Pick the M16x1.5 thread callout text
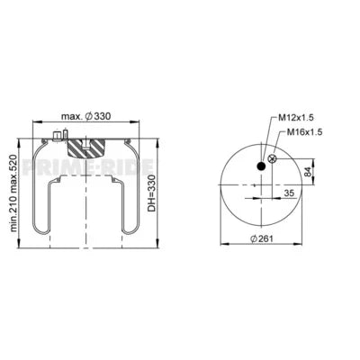pyautogui.click(x=305, y=131)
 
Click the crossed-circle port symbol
pyautogui.click(x=274, y=159)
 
